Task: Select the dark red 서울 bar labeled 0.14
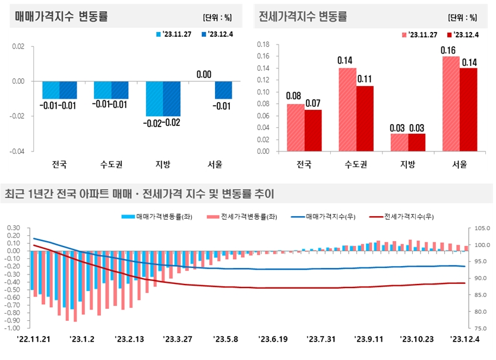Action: (469, 109)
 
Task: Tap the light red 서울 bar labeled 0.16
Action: (451, 103)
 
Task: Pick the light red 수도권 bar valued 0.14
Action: (347, 109)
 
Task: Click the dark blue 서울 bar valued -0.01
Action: (223, 90)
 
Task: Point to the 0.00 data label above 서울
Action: (204, 74)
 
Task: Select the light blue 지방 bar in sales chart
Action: (154, 99)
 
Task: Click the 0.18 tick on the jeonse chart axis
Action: (263, 45)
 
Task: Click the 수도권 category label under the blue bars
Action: (110, 164)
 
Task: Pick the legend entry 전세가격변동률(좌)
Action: (245, 216)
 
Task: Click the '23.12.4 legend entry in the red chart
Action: (466, 34)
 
